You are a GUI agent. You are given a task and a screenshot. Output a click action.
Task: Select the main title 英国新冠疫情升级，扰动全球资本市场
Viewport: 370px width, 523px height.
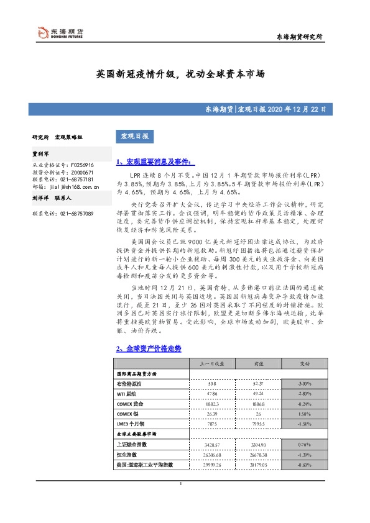tap(180, 73)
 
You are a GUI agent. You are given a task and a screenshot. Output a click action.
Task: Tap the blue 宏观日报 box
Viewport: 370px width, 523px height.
tap(134, 135)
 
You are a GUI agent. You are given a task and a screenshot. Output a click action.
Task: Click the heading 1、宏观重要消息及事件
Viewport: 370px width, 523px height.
tap(155, 162)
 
